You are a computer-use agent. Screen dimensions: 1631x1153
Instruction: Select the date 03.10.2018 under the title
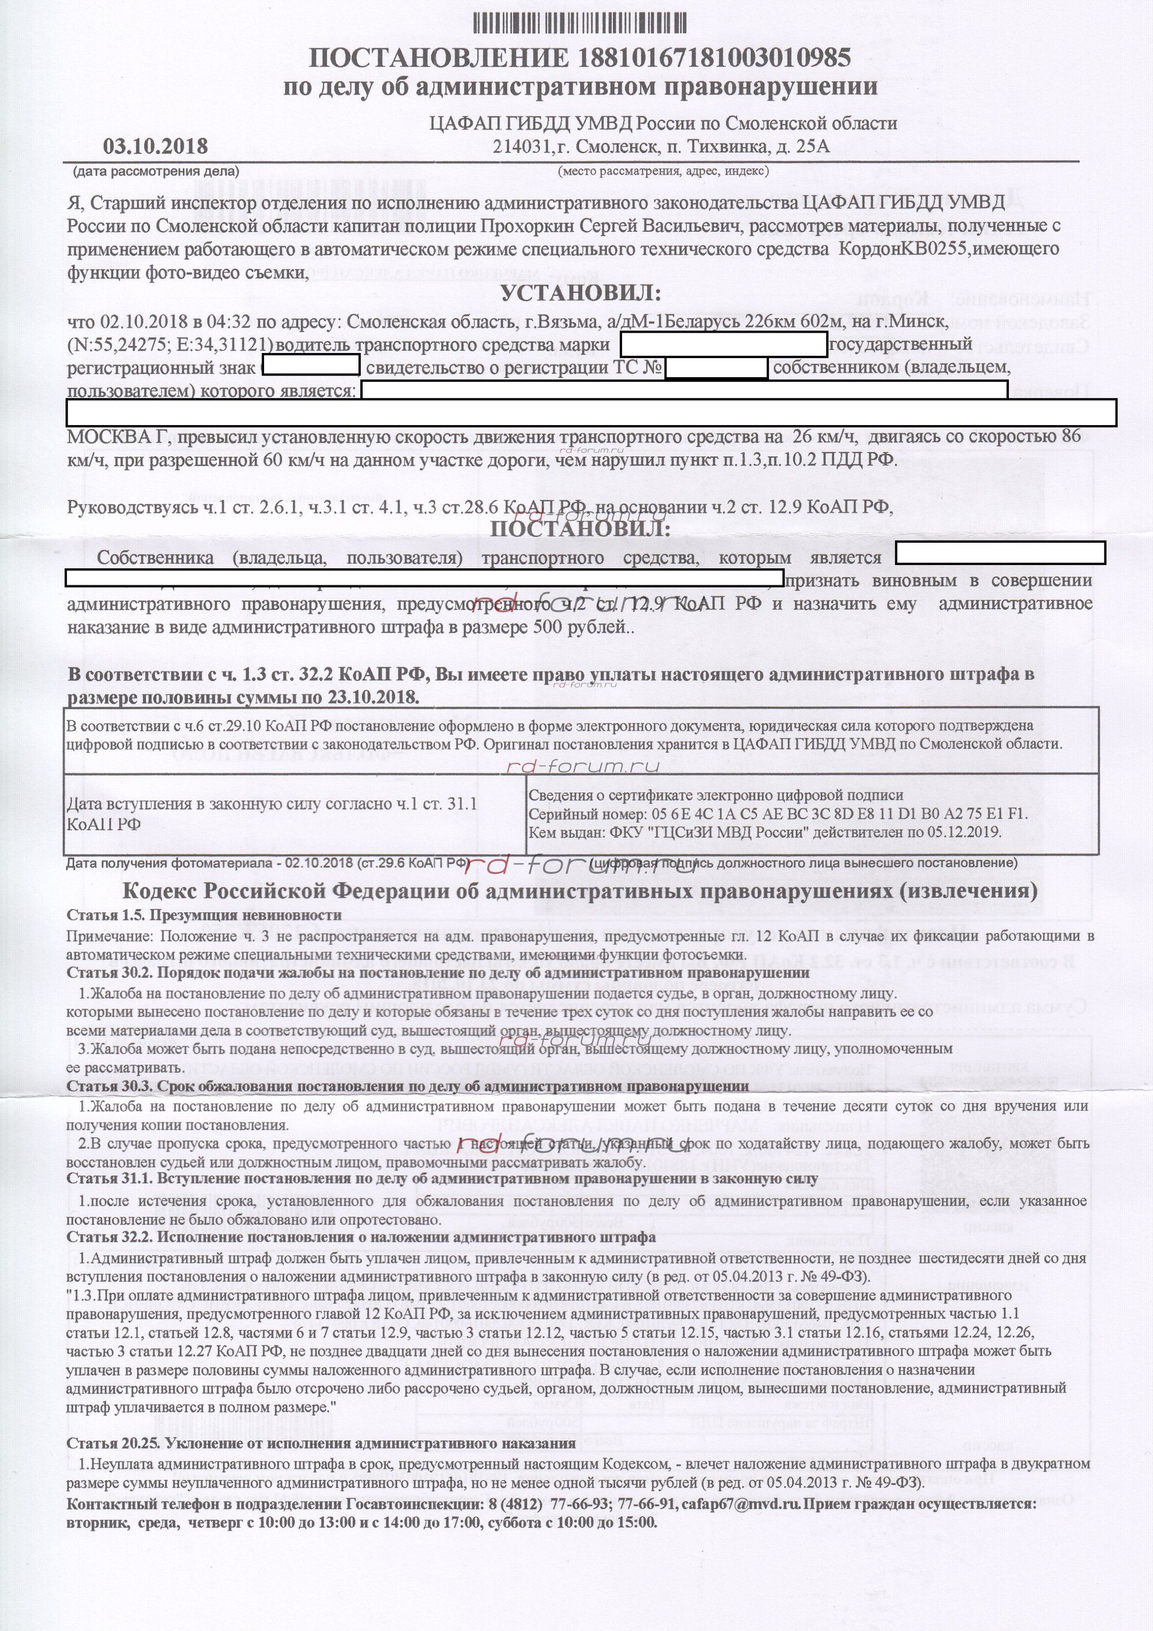tap(156, 146)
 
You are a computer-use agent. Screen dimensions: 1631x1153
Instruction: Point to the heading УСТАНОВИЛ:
tap(580, 294)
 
